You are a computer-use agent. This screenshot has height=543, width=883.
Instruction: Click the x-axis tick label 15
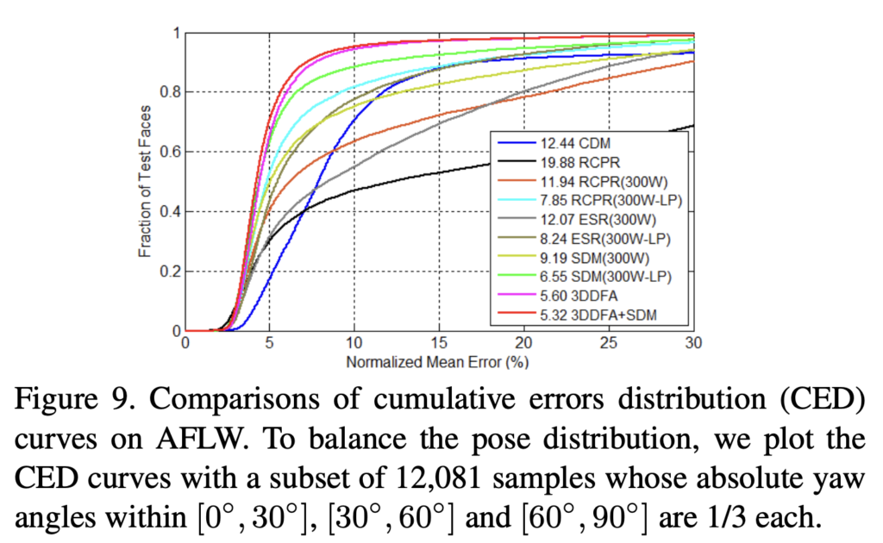pyautogui.click(x=439, y=344)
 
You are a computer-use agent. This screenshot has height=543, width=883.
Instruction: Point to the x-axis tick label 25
pyautogui.click(x=609, y=344)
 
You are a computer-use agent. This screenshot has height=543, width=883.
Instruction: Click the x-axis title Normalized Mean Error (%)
pyautogui.click(x=437, y=362)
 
